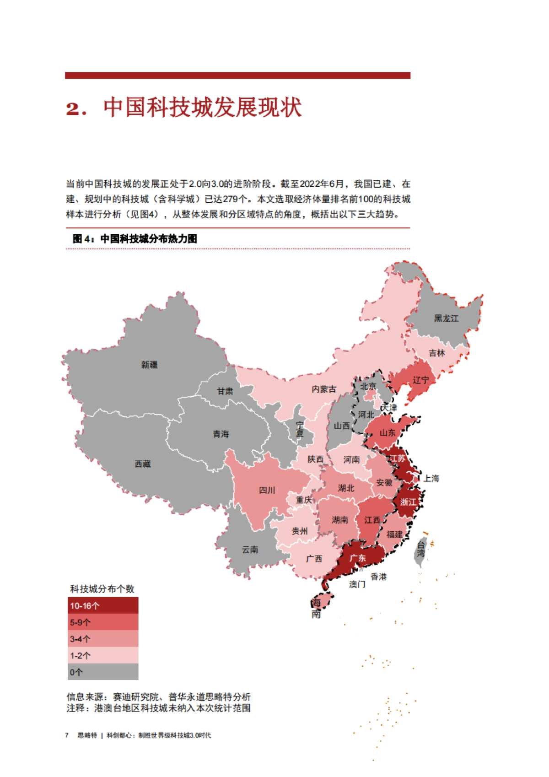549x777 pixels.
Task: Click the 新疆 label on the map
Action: (149, 365)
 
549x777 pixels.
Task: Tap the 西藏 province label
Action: (142, 464)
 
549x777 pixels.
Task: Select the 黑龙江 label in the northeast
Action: (446, 318)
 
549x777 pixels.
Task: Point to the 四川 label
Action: (267, 490)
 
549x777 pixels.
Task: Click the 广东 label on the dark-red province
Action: (358, 558)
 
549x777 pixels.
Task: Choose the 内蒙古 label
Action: (324, 389)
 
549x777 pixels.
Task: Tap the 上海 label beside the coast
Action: (431, 478)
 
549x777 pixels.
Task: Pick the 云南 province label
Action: (250, 550)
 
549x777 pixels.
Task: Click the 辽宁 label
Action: (421, 380)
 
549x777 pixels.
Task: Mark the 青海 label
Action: (221, 434)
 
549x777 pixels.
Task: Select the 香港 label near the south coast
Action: (378, 577)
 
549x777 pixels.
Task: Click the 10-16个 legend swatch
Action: (103, 605)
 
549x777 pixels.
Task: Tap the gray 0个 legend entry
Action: (103, 672)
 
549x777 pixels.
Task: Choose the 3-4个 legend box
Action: (103, 639)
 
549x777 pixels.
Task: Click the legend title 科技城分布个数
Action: (102, 589)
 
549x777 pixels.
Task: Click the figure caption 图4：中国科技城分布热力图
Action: (135, 238)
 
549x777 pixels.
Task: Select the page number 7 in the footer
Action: (67, 735)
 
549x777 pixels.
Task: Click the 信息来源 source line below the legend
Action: (158, 697)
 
